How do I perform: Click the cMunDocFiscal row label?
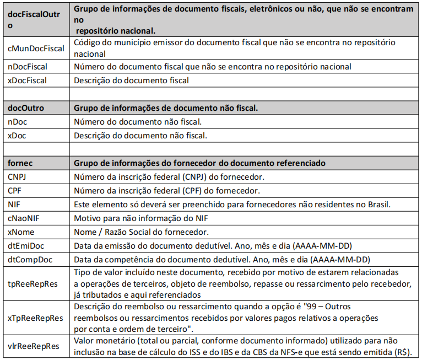[x=36, y=48]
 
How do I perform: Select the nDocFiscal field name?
[x=28, y=67]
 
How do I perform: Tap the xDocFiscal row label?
[x=27, y=80]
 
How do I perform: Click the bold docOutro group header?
[x=26, y=108]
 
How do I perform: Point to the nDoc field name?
[x=18, y=121]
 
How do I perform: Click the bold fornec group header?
[x=20, y=163]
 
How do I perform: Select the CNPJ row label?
[x=18, y=177]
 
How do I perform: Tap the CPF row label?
[x=15, y=191]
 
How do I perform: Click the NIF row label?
[x=14, y=205]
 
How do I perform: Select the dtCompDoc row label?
[x=30, y=259]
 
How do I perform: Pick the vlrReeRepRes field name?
[x=33, y=346]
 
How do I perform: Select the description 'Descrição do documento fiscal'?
[x=132, y=80]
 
